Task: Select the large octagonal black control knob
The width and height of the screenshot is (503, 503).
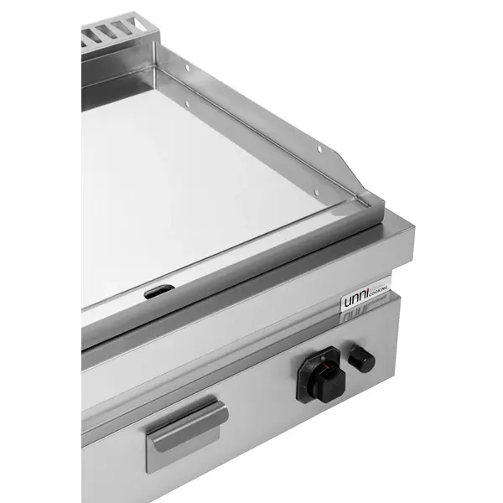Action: click(x=321, y=380)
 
